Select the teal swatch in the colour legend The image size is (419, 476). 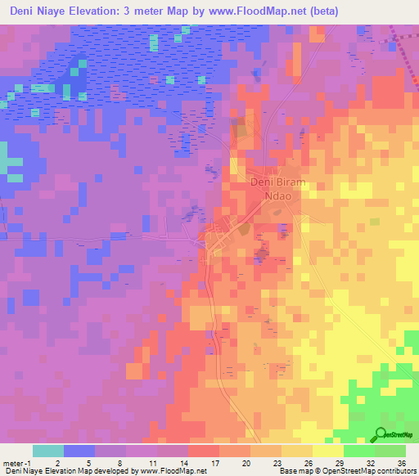tap(47, 450)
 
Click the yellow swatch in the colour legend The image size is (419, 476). tap(327, 450)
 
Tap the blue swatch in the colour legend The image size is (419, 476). tap(79, 450)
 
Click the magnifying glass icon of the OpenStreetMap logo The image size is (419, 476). tap(381, 434)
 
